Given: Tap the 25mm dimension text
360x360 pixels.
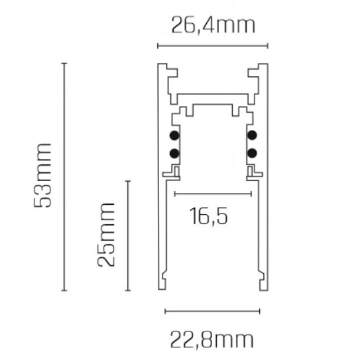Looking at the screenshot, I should (x=106, y=235).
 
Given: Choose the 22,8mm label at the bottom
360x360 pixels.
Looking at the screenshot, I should (x=211, y=340).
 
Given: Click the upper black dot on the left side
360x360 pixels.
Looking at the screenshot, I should (x=174, y=137).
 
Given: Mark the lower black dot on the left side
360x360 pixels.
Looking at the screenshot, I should (x=174, y=154).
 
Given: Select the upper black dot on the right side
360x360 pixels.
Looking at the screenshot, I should (x=252, y=137).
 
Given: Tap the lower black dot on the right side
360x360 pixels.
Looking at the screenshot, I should (x=252, y=154).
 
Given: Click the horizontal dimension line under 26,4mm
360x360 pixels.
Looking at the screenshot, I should (x=212, y=46).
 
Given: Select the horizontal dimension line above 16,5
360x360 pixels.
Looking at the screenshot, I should (x=212, y=194).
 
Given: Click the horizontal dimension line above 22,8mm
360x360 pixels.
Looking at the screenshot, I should (x=212, y=310).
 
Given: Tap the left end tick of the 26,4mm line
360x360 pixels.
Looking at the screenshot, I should (x=158, y=46).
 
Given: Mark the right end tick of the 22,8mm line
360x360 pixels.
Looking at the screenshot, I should (x=259, y=310).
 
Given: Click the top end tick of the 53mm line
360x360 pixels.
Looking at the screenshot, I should (x=64, y=63).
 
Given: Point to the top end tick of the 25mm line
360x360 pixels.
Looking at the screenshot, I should (x=128, y=180).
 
